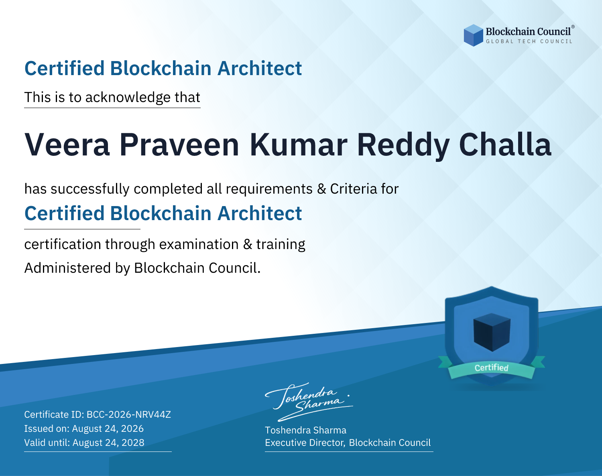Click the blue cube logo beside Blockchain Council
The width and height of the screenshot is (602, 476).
pos(473,35)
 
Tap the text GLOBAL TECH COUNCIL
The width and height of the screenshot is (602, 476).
pos(529,41)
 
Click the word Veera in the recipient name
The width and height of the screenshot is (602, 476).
pos(67,145)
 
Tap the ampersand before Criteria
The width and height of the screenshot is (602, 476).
pos(321,189)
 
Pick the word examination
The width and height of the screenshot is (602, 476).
pos(199,244)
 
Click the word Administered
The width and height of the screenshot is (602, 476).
pos(67,268)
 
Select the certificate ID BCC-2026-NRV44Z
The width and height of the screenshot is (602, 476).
pos(129,415)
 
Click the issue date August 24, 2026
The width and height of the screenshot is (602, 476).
pos(108,429)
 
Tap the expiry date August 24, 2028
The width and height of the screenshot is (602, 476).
pos(108,443)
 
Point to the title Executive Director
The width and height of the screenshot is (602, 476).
pos(305,443)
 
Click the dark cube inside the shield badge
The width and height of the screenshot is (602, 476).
pos(492,332)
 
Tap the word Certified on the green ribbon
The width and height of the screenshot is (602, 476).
pos(492,368)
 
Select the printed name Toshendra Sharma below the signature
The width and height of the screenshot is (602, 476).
pos(305,430)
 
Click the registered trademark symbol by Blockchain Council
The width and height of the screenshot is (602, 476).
pos(573,27)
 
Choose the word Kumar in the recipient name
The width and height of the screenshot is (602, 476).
pos(299,145)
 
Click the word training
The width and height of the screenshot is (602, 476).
pos(281,244)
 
